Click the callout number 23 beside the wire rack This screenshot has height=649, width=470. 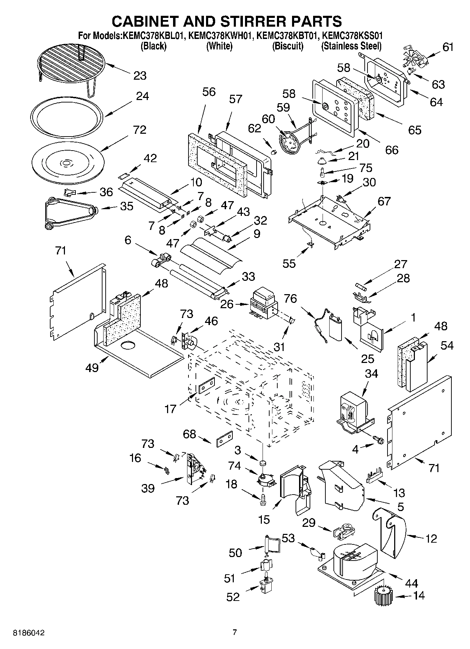pyautogui.click(x=140, y=75)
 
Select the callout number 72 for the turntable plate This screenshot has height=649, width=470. pyautogui.click(x=140, y=130)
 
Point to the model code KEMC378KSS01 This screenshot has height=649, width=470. pyautogui.click(x=352, y=36)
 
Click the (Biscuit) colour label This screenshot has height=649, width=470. pyautogui.click(x=287, y=46)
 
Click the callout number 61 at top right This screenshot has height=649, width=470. pyautogui.click(x=448, y=47)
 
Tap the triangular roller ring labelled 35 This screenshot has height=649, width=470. pyautogui.click(x=69, y=213)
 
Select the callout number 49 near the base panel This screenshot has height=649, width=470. pyautogui.click(x=92, y=368)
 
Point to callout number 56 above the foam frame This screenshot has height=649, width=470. pyautogui.click(x=209, y=92)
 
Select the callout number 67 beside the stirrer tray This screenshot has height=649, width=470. pyautogui.click(x=384, y=201)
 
